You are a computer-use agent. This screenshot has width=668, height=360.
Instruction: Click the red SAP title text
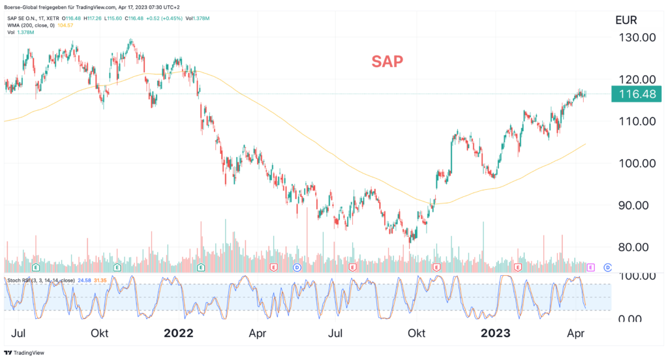[x=387, y=62]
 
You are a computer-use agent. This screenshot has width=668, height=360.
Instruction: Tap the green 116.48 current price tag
[x=636, y=95]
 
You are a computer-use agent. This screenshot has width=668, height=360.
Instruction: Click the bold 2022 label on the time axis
[x=178, y=333]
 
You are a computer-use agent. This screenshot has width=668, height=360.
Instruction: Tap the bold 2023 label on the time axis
[x=497, y=333]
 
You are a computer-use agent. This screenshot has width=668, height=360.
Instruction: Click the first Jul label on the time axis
[x=19, y=333]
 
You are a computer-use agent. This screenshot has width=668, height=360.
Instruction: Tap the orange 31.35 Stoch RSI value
[x=100, y=280]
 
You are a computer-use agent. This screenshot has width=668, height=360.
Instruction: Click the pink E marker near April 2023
[x=591, y=267]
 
